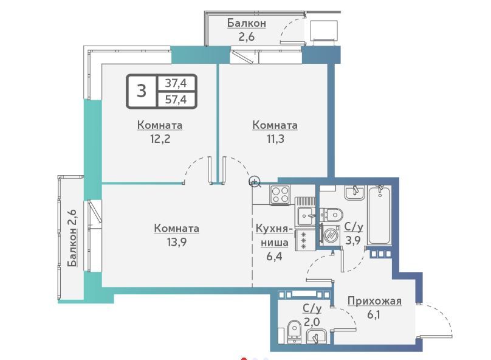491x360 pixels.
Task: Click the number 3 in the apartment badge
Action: point(142,91)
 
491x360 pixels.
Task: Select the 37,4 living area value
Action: point(176,83)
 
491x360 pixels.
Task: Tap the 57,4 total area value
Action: point(176,99)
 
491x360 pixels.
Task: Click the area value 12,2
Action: point(160,139)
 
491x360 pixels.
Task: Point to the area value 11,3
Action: point(275,139)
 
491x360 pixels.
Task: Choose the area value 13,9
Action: point(177,242)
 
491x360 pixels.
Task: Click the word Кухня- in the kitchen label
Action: point(275,229)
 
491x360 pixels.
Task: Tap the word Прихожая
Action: point(374,301)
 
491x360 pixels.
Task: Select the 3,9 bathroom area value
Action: point(353,240)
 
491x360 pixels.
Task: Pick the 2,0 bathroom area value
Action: point(312,322)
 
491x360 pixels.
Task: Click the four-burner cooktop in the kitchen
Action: point(281,195)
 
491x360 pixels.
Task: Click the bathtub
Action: point(380,215)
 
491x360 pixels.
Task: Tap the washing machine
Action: point(329,234)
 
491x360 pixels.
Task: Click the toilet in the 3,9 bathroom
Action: point(331,215)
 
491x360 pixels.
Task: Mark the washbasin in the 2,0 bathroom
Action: point(316,337)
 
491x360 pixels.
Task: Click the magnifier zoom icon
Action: point(255,182)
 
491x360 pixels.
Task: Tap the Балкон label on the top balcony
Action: point(247,23)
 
